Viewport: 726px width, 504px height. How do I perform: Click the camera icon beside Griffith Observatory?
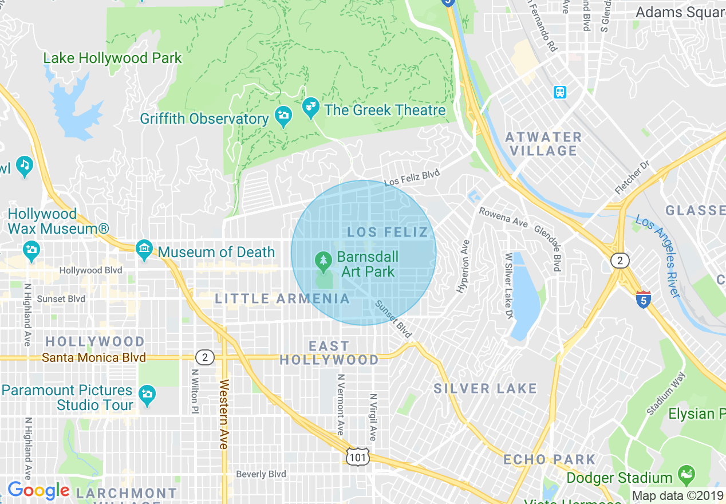[283, 116]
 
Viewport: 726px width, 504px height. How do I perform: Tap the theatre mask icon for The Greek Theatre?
[310, 108]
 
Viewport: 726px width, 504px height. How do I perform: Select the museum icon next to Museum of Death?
[144, 249]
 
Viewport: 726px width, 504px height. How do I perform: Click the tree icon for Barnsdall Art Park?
[323, 262]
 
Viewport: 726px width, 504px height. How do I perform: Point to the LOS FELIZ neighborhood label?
[388, 232]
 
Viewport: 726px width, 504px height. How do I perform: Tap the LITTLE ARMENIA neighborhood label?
[282, 298]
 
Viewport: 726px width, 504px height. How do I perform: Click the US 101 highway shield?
[358, 456]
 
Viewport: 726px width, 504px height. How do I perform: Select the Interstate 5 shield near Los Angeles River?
[644, 299]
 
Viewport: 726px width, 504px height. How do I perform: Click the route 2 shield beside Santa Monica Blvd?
[205, 358]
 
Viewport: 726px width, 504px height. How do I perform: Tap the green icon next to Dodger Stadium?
[685, 474]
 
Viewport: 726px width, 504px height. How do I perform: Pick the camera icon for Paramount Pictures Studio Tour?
[147, 395]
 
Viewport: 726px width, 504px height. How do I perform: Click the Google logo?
[38, 490]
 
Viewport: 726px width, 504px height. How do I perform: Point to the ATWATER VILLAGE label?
[543, 144]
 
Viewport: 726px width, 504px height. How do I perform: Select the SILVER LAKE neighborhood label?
[485, 389]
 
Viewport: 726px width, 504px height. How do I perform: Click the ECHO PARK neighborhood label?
[549, 459]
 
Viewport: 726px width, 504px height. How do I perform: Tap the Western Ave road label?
[223, 413]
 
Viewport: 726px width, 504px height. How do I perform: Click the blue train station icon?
[559, 92]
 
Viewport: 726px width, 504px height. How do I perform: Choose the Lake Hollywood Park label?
[113, 58]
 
